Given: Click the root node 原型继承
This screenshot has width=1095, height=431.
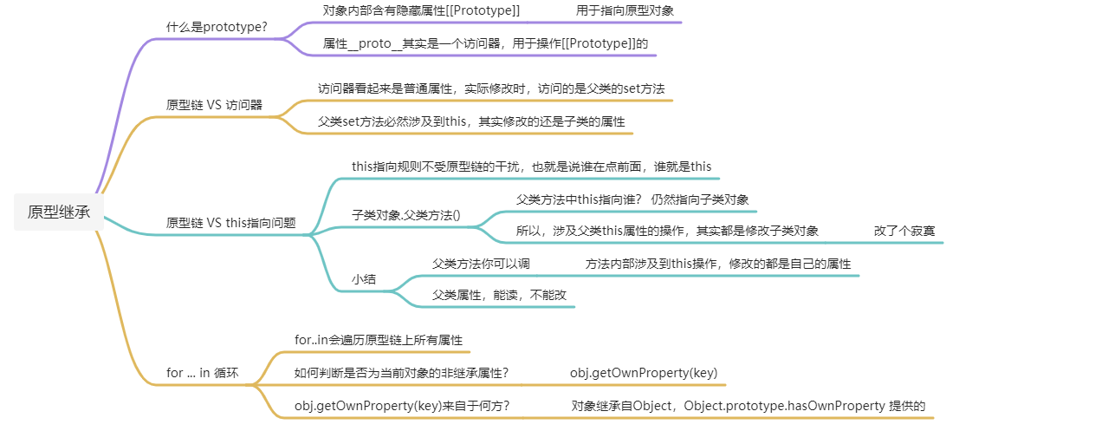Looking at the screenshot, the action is (59, 212).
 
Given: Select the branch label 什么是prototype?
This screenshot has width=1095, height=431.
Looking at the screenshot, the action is (217, 27).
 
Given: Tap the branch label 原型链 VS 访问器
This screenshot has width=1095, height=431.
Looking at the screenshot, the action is (214, 105).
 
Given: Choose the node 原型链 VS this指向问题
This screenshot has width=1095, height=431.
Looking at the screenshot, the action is (231, 223).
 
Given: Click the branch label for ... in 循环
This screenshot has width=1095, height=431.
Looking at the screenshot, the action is (202, 373).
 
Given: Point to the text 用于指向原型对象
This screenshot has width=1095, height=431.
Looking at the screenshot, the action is (625, 10).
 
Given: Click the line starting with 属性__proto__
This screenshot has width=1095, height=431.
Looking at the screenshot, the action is (485, 43).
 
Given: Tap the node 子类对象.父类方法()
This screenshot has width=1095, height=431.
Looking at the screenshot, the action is (405, 213).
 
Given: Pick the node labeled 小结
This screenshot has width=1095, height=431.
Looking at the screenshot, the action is (363, 279).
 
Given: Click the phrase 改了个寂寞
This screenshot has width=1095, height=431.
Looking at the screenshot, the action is (904, 231).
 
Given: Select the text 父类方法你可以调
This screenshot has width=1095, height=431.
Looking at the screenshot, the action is (481, 264).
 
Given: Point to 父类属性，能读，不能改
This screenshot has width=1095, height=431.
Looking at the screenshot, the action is (499, 295).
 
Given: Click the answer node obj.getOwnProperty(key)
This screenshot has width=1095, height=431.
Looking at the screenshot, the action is (643, 373).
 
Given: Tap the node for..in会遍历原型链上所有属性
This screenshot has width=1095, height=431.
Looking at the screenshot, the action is (379, 340).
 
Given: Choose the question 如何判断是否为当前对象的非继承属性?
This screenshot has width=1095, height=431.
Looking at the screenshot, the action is (401, 373).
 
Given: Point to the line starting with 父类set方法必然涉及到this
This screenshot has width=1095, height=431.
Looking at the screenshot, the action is (471, 121).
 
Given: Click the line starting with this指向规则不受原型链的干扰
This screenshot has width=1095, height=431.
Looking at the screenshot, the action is (531, 166).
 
